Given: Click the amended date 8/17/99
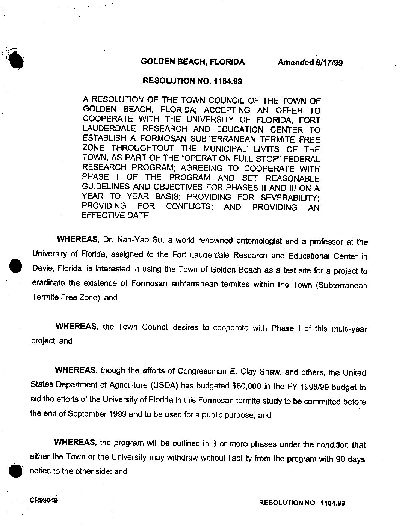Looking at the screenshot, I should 327,63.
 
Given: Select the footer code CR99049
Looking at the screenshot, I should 44,500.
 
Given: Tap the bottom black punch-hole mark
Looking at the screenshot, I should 15,470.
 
